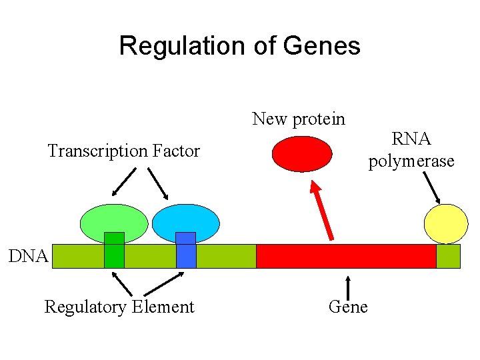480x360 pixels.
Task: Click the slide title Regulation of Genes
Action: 239,46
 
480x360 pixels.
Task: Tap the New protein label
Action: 299,119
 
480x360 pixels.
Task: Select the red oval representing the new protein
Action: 301,154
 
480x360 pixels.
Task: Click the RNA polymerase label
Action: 411,150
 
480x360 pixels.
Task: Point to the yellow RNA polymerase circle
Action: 447,223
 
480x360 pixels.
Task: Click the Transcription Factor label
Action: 123,151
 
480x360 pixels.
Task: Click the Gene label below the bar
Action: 348,307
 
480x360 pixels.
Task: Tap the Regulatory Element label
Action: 119,307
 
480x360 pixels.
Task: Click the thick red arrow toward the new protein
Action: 323,210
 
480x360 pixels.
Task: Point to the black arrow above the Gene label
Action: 347,283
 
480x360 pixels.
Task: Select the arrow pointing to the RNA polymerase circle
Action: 429,187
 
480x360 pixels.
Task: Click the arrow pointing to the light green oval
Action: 124,181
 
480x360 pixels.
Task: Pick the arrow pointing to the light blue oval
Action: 157,183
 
